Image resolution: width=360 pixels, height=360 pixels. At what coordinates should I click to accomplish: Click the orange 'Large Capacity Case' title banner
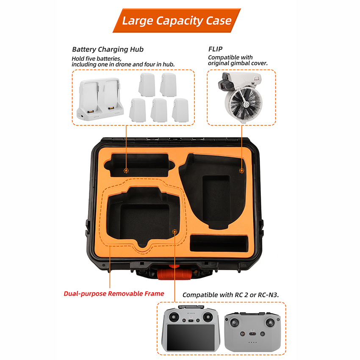[x=177, y=20]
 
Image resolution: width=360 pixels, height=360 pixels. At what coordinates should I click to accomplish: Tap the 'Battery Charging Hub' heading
[x=108, y=50]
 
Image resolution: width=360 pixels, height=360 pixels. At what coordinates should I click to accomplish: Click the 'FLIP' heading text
[x=215, y=49]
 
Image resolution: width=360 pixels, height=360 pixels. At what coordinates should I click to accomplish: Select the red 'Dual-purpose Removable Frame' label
[x=114, y=294]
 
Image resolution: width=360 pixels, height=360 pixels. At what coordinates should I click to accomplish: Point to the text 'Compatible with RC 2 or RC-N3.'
[x=231, y=295]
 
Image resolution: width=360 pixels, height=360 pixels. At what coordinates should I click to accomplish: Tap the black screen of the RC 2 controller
[x=191, y=337]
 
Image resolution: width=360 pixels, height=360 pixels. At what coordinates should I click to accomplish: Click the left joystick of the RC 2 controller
[x=174, y=317]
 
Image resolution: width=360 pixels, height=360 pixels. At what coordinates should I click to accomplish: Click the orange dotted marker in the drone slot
[x=241, y=170]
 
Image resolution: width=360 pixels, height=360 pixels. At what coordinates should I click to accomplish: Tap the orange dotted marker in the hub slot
[x=126, y=170]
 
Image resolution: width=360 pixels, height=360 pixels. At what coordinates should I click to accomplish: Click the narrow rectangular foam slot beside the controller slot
[x=219, y=243]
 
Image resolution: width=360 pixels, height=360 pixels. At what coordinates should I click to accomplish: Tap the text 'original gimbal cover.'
[x=238, y=63]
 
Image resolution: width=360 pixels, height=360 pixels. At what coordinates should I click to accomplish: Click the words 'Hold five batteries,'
[x=97, y=58]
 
